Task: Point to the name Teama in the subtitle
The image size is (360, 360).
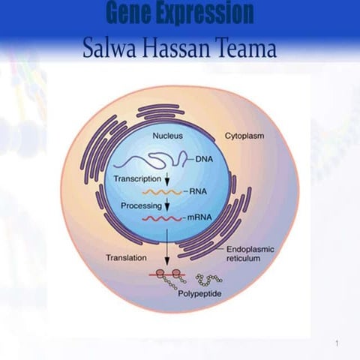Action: (x=247, y=49)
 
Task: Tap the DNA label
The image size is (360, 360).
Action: (x=205, y=159)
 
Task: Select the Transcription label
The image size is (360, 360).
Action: (x=137, y=180)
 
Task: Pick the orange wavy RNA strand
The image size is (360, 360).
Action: (x=163, y=193)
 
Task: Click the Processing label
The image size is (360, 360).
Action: (x=141, y=205)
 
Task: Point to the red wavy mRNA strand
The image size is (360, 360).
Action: (x=162, y=217)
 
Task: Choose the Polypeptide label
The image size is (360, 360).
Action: (x=199, y=295)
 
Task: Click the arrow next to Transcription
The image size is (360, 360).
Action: (x=168, y=181)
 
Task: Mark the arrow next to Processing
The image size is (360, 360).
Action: (x=168, y=205)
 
